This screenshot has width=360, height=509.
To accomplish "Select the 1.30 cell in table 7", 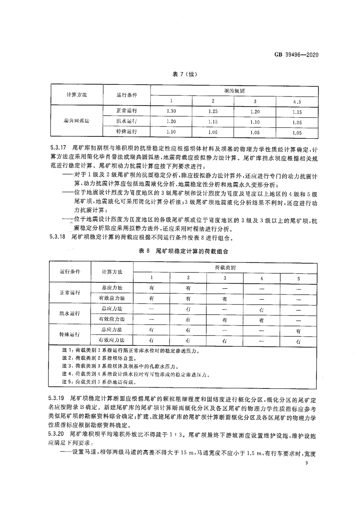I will click(171, 111).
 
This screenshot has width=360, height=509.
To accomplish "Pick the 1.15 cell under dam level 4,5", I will click(297, 111).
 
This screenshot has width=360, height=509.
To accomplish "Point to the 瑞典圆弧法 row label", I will click(77, 122).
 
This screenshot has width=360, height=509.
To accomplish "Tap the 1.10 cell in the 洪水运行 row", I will click(255, 122).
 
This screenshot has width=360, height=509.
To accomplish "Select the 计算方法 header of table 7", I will click(77, 96).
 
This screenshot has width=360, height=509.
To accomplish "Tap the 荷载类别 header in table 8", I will click(223, 267).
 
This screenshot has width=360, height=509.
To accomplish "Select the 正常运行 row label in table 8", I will click(70, 293).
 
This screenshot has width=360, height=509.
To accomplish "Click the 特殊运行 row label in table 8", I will click(70, 335).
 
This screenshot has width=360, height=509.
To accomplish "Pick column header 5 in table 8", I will click(298, 277).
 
